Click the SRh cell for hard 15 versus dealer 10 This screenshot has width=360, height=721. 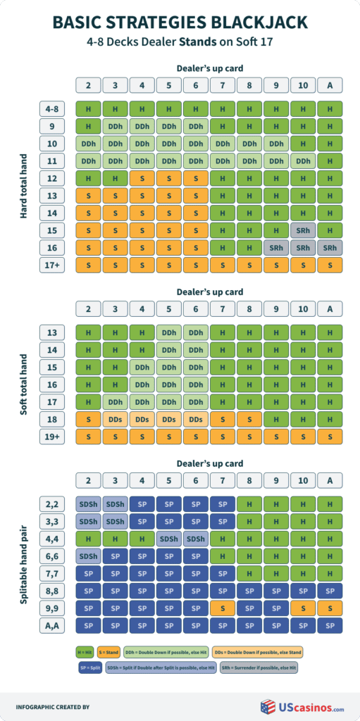pos(303,230)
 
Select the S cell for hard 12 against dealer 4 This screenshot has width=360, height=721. pos(142,178)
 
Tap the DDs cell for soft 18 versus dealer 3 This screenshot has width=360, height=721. pos(116,418)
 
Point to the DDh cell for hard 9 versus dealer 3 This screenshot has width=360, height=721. pos(116,127)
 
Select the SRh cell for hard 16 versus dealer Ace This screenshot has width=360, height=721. pos(330,247)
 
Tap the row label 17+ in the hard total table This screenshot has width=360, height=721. pos(53,265)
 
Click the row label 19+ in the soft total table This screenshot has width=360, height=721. pos(53,436)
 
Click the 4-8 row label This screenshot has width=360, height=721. pos(53,109)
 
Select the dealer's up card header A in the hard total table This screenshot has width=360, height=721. pos(330,84)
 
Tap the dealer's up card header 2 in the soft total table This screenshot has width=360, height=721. pos(89,308)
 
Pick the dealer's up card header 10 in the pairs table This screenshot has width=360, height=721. pos(303,481)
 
